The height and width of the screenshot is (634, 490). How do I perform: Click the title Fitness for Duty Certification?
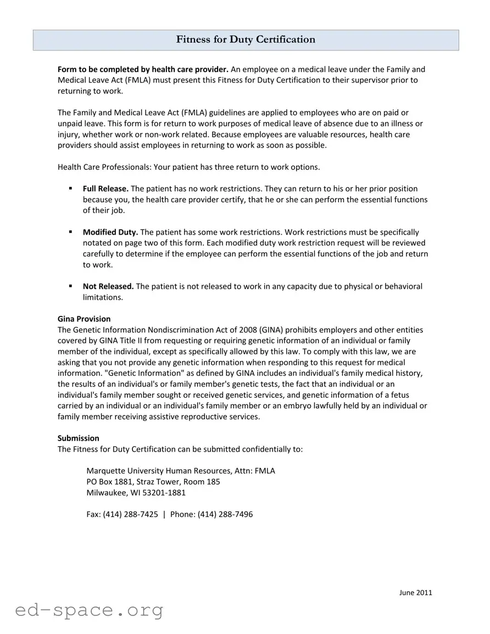pyautogui.click(x=246, y=40)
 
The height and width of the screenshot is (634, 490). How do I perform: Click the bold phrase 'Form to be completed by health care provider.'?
pyautogui.click(x=143, y=69)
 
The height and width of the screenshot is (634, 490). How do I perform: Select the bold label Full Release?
pyautogui.click(x=105, y=188)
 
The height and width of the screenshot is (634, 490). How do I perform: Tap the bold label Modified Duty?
pyautogui.click(x=110, y=232)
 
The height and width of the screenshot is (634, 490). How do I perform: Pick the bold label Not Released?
pyautogui.click(x=108, y=286)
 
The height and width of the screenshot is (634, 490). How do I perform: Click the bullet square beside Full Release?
pyautogui.click(x=71, y=188)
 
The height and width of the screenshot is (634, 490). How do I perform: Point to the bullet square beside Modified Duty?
pyautogui.click(x=71, y=232)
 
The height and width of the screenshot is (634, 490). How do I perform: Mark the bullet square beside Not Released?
pyautogui.click(x=71, y=286)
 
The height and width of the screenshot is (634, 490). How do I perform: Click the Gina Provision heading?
pyautogui.click(x=84, y=319)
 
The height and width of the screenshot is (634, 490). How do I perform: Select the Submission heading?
pyautogui.click(x=79, y=438)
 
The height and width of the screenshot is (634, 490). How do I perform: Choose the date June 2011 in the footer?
pyautogui.click(x=415, y=592)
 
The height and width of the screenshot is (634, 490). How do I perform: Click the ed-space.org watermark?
pyautogui.click(x=89, y=610)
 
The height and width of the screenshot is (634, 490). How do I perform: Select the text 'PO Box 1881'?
pyautogui.click(x=109, y=481)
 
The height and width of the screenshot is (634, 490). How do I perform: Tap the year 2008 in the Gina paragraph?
pyautogui.click(x=248, y=330)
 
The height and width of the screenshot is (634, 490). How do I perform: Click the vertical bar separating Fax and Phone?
pyautogui.click(x=164, y=514)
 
